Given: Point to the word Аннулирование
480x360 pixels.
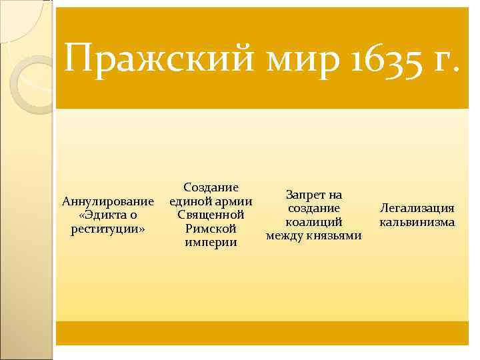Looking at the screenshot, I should (x=108, y=201).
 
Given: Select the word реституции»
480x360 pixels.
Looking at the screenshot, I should (x=108, y=229).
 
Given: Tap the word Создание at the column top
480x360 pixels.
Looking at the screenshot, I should (x=211, y=187).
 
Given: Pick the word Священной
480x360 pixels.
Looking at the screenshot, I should (x=211, y=215).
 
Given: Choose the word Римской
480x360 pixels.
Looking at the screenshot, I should (x=211, y=229).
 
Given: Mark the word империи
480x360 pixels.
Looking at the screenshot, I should (x=211, y=243).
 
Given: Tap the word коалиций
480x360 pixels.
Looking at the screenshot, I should (x=313, y=222).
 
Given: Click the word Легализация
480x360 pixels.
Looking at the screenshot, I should (x=417, y=209).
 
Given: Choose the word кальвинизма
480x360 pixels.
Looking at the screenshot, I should (x=417, y=222).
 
